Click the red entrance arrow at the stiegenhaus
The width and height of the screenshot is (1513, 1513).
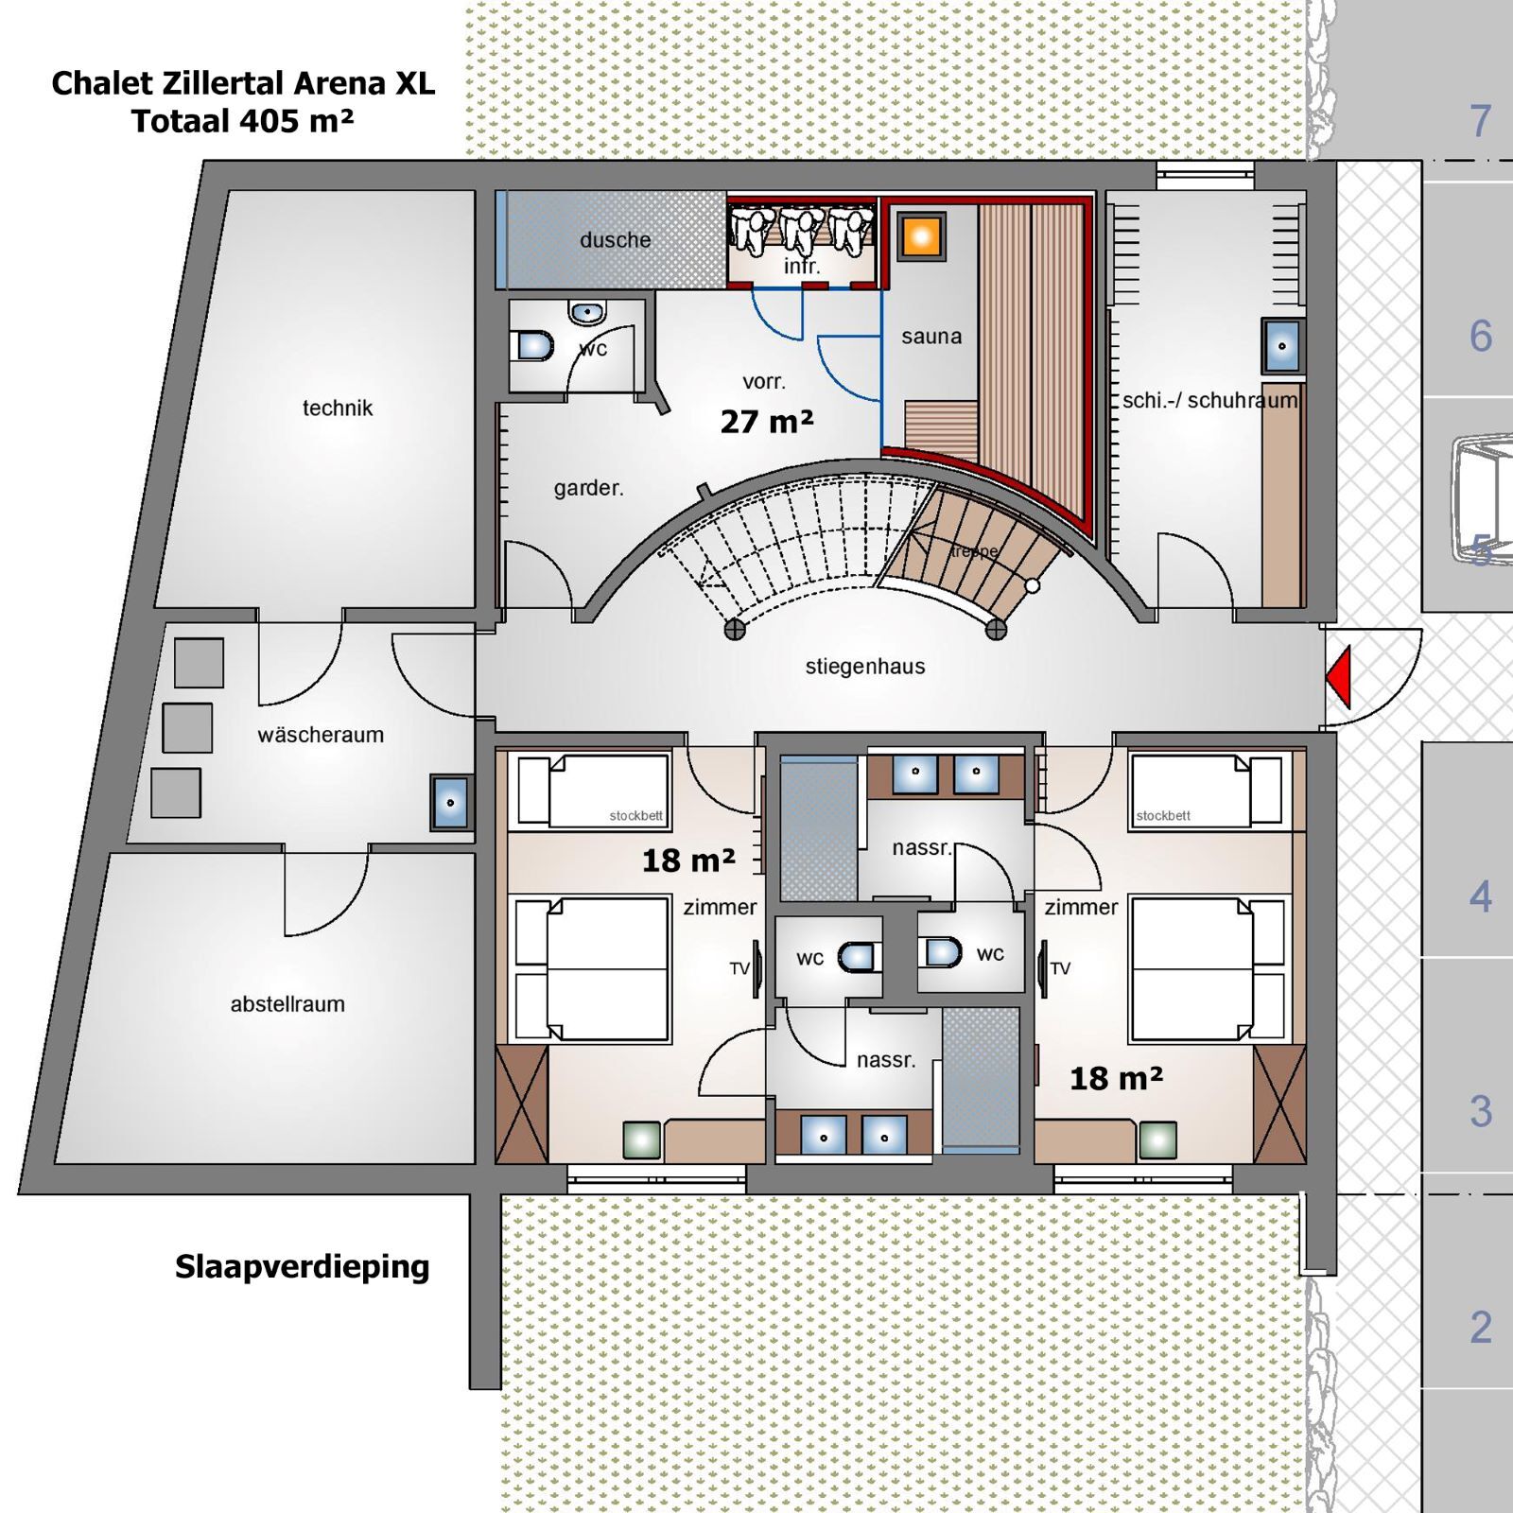[1338, 676]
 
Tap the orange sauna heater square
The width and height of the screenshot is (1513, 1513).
[921, 236]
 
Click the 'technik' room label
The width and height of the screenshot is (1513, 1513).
[338, 409]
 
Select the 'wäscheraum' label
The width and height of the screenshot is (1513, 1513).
[321, 735]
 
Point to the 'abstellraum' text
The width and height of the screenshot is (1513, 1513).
[287, 1004]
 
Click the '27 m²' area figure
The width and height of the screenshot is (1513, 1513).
[766, 422]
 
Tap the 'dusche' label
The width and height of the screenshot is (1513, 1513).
[615, 240]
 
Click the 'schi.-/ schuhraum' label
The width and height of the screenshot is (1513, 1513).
[1209, 401]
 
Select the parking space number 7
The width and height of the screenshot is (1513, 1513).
[1480, 121]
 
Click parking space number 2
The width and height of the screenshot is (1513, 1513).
[1480, 1327]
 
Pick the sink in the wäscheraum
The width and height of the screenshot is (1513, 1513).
[451, 803]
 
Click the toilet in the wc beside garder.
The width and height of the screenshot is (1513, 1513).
[534, 345]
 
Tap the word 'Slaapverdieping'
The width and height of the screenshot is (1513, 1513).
[302, 1266]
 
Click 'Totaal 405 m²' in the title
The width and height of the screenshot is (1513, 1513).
[242, 122]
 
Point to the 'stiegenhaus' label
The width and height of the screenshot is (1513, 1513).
[864, 667]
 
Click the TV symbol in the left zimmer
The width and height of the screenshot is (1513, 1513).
[756, 968]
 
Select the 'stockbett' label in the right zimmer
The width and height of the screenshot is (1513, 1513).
[1163, 815]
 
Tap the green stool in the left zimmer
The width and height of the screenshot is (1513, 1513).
[642, 1140]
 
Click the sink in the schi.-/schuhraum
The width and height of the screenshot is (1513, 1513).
[1282, 346]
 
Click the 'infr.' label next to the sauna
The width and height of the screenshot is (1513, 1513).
[802, 268]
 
